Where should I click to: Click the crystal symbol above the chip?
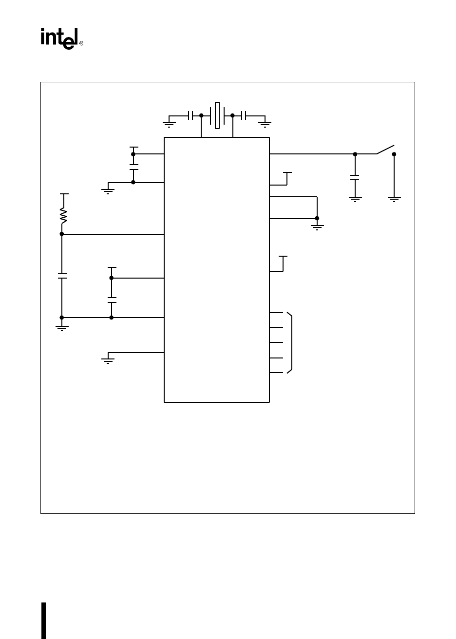(217, 115)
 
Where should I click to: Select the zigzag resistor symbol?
(62, 215)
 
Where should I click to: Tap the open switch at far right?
(385, 150)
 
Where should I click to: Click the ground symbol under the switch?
(394, 198)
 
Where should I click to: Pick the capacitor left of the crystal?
(190, 115)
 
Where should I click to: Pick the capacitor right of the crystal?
(244, 115)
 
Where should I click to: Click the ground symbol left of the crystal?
(169, 124)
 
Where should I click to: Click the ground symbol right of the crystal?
(265, 124)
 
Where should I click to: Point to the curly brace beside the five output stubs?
(291, 343)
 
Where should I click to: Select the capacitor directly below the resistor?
(62, 276)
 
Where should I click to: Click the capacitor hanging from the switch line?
(355, 177)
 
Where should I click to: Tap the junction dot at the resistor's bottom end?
(62, 234)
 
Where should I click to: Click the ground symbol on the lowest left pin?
(108, 360)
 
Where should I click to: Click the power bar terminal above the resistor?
(64, 194)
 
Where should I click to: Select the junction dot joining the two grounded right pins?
(317, 218)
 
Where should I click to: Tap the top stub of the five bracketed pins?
(276, 312)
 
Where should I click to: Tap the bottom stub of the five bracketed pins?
(276, 373)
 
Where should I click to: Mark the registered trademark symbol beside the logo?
(81, 43)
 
